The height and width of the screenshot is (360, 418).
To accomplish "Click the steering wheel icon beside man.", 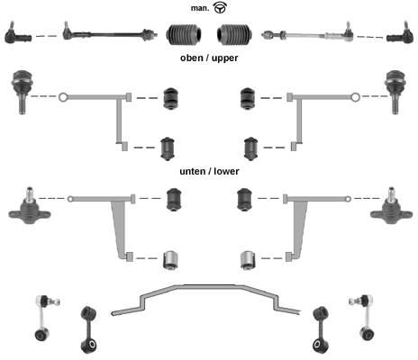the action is point(220,8).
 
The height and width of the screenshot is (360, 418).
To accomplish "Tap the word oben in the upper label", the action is point(192,58).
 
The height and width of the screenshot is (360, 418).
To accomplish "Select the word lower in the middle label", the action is point(226,171).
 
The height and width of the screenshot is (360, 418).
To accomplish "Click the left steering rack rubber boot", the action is point(184,34).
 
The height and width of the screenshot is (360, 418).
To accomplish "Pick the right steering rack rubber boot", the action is point(234,34).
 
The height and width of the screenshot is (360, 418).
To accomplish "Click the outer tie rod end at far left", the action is point(17,33).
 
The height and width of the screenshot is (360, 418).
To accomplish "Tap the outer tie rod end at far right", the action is point(400,33).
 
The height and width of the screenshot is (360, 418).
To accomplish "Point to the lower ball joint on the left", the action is point(29,207).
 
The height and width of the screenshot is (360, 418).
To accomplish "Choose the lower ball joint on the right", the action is point(391,207).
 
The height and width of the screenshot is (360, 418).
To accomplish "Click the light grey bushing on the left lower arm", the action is point(171,260).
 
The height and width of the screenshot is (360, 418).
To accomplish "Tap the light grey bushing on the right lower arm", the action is point(248,260).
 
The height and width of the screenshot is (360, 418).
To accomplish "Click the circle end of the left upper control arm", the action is point(62,97).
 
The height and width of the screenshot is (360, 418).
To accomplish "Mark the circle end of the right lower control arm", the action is point(348,199).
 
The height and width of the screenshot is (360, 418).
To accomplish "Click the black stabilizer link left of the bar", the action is point(88,329).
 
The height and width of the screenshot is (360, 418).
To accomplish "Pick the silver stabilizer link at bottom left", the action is point(44,318).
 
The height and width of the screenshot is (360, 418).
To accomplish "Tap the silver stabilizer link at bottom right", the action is point(364,317).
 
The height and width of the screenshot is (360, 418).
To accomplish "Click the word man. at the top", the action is point(200,8).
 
